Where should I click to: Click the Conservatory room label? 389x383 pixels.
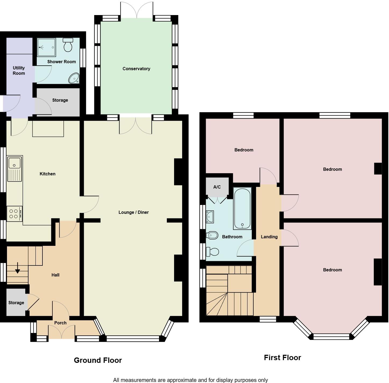pyautogui.click(x=136, y=69)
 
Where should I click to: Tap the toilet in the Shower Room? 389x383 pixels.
pyautogui.click(x=68, y=45)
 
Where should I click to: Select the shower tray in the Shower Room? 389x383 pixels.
pyautogui.click(x=46, y=47)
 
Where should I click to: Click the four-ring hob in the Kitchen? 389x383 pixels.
pyautogui.click(x=14, y=214)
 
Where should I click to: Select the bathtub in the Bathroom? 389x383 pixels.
pyautogui.click(x=242, y=208)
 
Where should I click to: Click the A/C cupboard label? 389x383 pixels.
pyautogui.click(x=217, y=187)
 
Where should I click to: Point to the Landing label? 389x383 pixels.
pyautogui.click(x=269, y=237)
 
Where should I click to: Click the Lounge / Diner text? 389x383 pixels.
pyautogui.click(x=134, y=212)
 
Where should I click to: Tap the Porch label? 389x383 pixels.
pyautogui.click(x=60, y=323)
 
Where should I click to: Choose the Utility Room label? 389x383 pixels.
pyautogui.click(x=19, y=70)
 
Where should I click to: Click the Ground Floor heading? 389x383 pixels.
pyautogui.click(x=98, y=360)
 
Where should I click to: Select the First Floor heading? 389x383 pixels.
pyautogui.click(x=282, y=357)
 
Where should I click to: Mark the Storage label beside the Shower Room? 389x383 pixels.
pyautogui.click(x=60, y=100)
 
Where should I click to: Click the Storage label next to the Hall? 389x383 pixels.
pyautogui.click(x=16, y=303)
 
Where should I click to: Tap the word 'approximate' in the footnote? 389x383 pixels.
pyautogui.click(x=181, y=380)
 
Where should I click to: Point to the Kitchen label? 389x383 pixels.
pyautogui.click(x=48, y=174)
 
